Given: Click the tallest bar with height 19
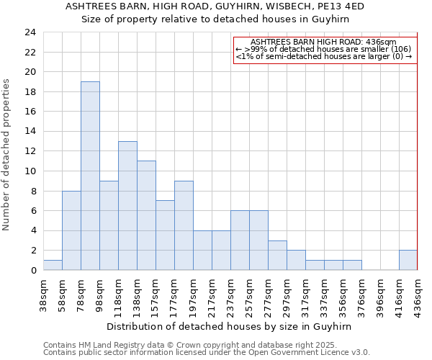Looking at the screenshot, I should [x=90, y=176].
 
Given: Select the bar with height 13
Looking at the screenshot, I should [x=127, y=205].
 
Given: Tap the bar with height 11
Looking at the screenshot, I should [x=146, y=215].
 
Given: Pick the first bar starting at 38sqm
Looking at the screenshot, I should [x=53, y=265].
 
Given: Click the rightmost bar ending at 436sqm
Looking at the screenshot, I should [x=408, y=260].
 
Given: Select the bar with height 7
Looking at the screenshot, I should [x=165, y=235].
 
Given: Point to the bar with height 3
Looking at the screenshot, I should [x=277, y=255].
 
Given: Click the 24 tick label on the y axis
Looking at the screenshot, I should [x=30, y=32].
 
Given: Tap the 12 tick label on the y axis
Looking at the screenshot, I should [x=30, y=151].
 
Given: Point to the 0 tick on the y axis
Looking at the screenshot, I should [x=32, y=270].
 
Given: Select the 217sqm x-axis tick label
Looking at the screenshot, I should [x=212, y=294].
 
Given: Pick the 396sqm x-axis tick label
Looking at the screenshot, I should [x=380, y=294].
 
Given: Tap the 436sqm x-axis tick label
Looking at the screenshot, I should [x=418, y=294].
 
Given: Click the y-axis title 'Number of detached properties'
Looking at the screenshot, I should [x=7, y=155].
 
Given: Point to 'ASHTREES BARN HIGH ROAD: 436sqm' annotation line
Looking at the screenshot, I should [x=323, y=42].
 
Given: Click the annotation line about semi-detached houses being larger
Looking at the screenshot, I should [x=323, y=56].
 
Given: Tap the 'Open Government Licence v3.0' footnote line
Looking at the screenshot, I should [x=206, y=352].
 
